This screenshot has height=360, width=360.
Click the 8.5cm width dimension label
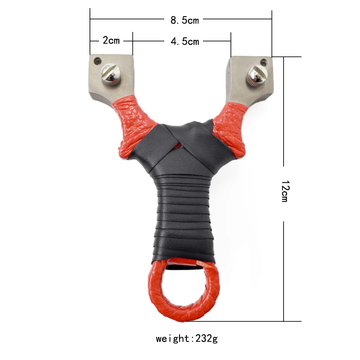point(184,20)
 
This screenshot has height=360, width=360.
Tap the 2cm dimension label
point(111,40)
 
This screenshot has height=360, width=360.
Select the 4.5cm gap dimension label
point(184,41)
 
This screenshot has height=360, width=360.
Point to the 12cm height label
point(284,191)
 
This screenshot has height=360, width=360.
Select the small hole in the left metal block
point(96,59)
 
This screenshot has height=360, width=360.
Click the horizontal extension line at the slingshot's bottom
point(252,321)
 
